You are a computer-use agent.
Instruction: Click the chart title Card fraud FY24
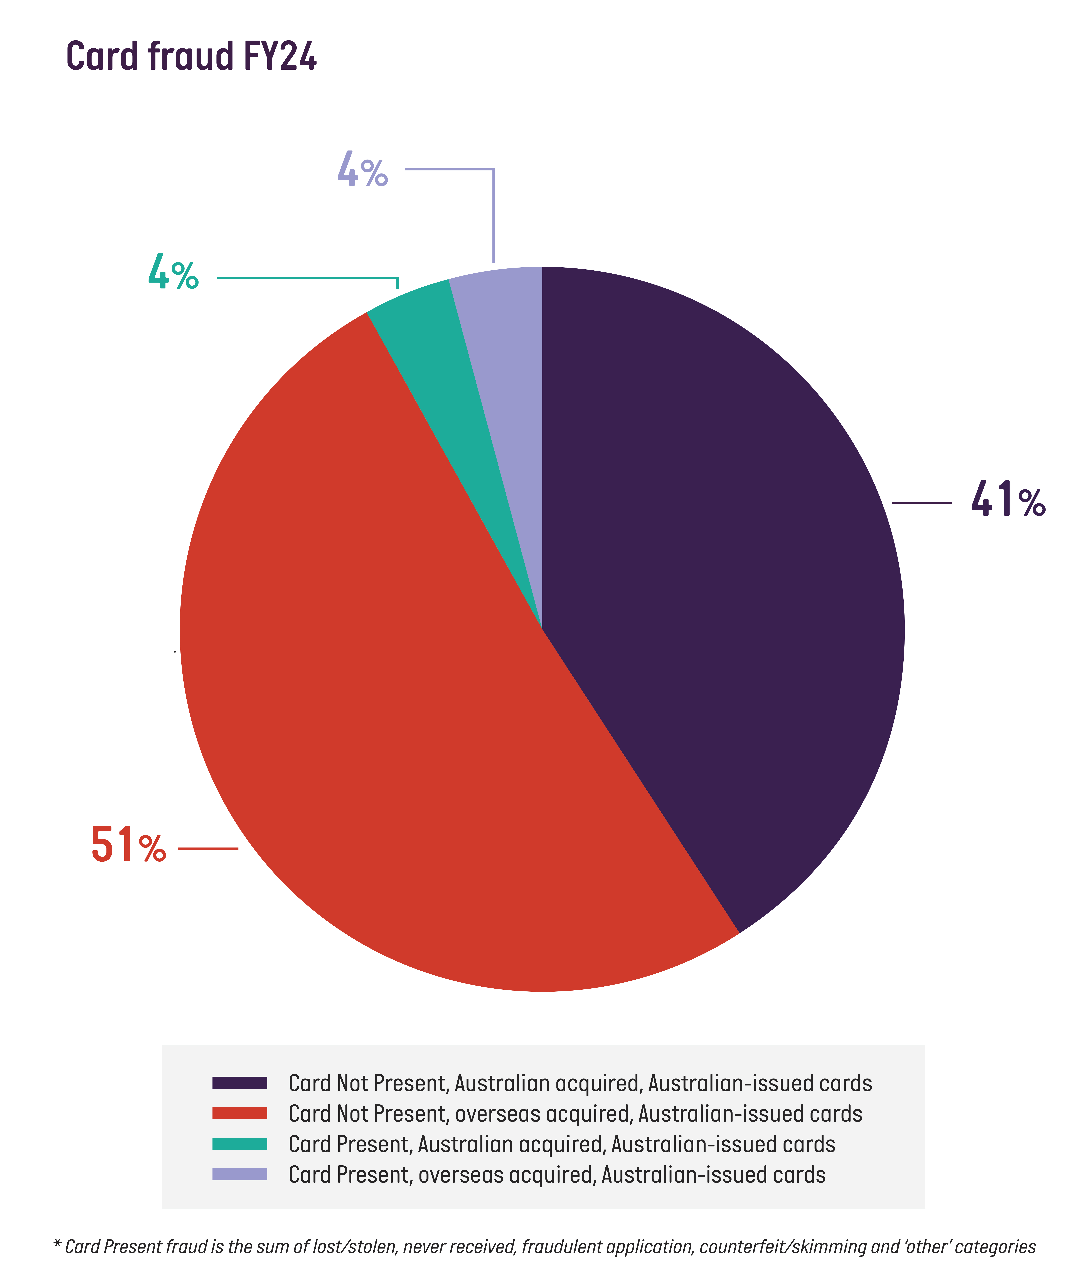click(191, 57)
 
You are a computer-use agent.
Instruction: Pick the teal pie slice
click(444, 370)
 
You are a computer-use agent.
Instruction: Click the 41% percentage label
click(1008, 500)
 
